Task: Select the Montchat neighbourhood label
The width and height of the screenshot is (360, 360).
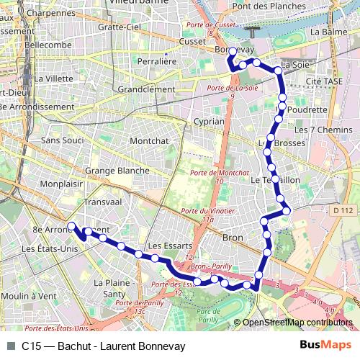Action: click(149, 141)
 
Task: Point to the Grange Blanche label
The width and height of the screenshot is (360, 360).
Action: click(117, 171)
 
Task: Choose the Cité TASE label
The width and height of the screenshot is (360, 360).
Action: click(323, 82)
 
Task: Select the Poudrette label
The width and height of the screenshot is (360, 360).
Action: click(307, 109)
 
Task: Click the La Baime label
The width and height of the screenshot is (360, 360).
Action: click(325, 32)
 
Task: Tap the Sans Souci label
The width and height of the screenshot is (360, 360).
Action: click(63, 140)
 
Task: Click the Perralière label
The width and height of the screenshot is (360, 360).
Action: click(157, 62)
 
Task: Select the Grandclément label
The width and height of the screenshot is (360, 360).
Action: click(145, 89)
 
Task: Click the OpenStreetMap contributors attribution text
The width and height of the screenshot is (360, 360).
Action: click(297, 323)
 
